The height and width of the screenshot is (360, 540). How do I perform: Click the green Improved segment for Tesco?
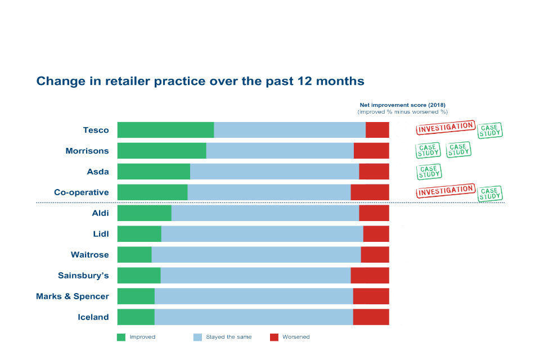(165, 130)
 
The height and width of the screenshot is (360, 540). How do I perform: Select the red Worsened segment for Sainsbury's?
(370, 276)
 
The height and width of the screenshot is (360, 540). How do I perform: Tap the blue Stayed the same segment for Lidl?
(262, 234)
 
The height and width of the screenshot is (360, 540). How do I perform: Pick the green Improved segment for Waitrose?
(134, 255)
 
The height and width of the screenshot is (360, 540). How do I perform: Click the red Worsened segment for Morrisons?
(371, 151)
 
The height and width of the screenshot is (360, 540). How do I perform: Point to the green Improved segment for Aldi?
(144, 213)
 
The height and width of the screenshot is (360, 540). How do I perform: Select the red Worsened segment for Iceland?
(371, 317)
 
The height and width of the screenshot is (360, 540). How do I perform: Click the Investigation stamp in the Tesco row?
(445, 128)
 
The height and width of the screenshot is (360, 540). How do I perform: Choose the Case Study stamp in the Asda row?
(429, 171)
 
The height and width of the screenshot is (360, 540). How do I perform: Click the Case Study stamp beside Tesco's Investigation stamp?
(489, 130)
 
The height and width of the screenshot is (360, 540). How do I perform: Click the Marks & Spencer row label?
(73, 296)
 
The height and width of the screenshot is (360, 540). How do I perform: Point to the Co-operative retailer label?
(81, 192)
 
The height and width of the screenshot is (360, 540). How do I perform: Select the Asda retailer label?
(97, 172)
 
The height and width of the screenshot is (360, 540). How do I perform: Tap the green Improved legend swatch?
(121, 337)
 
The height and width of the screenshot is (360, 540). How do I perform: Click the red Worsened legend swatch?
(274, 337)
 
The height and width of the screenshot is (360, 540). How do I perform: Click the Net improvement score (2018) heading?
(402, 105)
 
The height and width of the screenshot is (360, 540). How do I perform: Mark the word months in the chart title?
(339, 81)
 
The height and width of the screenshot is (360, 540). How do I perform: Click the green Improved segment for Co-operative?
(152, 192)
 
